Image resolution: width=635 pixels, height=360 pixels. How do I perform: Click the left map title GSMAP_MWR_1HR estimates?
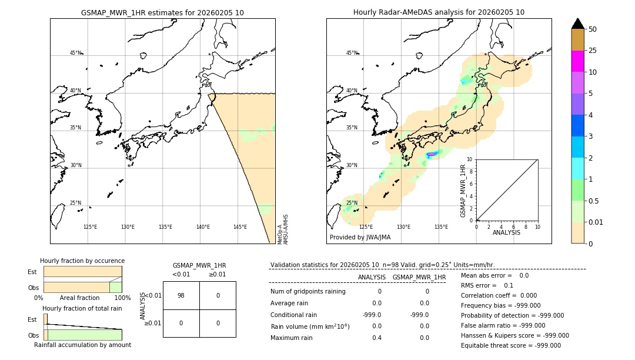coord(162,12)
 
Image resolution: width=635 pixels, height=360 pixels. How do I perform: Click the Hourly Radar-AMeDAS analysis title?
coord(439,12)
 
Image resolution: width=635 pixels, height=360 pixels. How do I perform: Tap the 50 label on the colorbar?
coord(593,29)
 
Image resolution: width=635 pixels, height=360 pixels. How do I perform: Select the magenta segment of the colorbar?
coord(577,61)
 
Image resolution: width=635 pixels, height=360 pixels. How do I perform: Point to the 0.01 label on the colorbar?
coord(596,222)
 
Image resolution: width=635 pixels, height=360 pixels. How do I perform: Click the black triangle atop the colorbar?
coord(577,24)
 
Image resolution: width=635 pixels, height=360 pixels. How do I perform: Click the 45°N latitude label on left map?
coord(75,53)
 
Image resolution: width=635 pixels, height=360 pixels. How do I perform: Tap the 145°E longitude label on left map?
coord(240,227)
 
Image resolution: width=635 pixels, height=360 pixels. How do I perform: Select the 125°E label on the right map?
coord(366,227)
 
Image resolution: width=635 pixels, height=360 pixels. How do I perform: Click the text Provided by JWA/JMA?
coord(360,238)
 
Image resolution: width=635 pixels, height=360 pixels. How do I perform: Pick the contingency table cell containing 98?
coord(181,295)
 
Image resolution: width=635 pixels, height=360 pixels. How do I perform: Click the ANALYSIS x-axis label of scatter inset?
coord(506,232)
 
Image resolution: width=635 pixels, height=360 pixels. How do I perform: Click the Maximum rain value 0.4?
coord(376,338)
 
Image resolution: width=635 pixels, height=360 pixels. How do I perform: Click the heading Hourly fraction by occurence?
coord(82,261)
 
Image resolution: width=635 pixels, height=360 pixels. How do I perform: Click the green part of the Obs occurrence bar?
coord(115,287)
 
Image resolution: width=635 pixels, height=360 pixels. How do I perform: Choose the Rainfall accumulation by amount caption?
coord(82,345)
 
